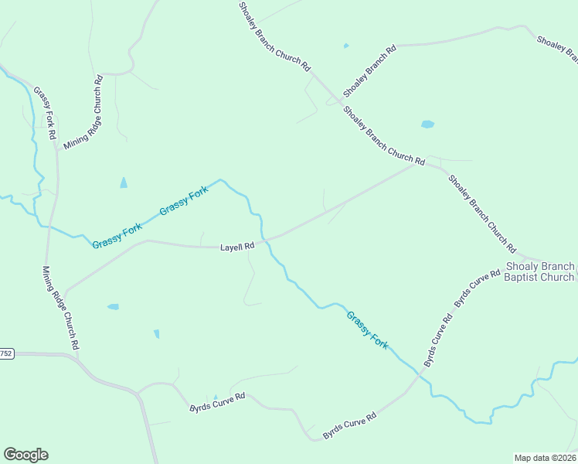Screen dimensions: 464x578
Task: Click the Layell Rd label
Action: [237, 247]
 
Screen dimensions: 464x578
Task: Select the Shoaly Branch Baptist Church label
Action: [539, 271]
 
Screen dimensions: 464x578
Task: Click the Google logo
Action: [25, 454]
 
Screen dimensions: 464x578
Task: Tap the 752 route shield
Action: [6, 353]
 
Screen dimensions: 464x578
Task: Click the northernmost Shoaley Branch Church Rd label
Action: [274, 36]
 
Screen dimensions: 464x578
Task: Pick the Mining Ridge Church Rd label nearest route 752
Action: [61, 309]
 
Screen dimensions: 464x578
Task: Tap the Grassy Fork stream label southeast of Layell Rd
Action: [367, 329]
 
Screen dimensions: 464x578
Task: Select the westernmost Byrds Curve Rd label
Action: [217, 402]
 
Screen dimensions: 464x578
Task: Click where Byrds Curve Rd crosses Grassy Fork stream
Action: [419, 374]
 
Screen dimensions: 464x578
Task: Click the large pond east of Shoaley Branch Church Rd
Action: [427, 124]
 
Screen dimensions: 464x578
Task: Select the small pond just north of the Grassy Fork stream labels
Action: [124, 183]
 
